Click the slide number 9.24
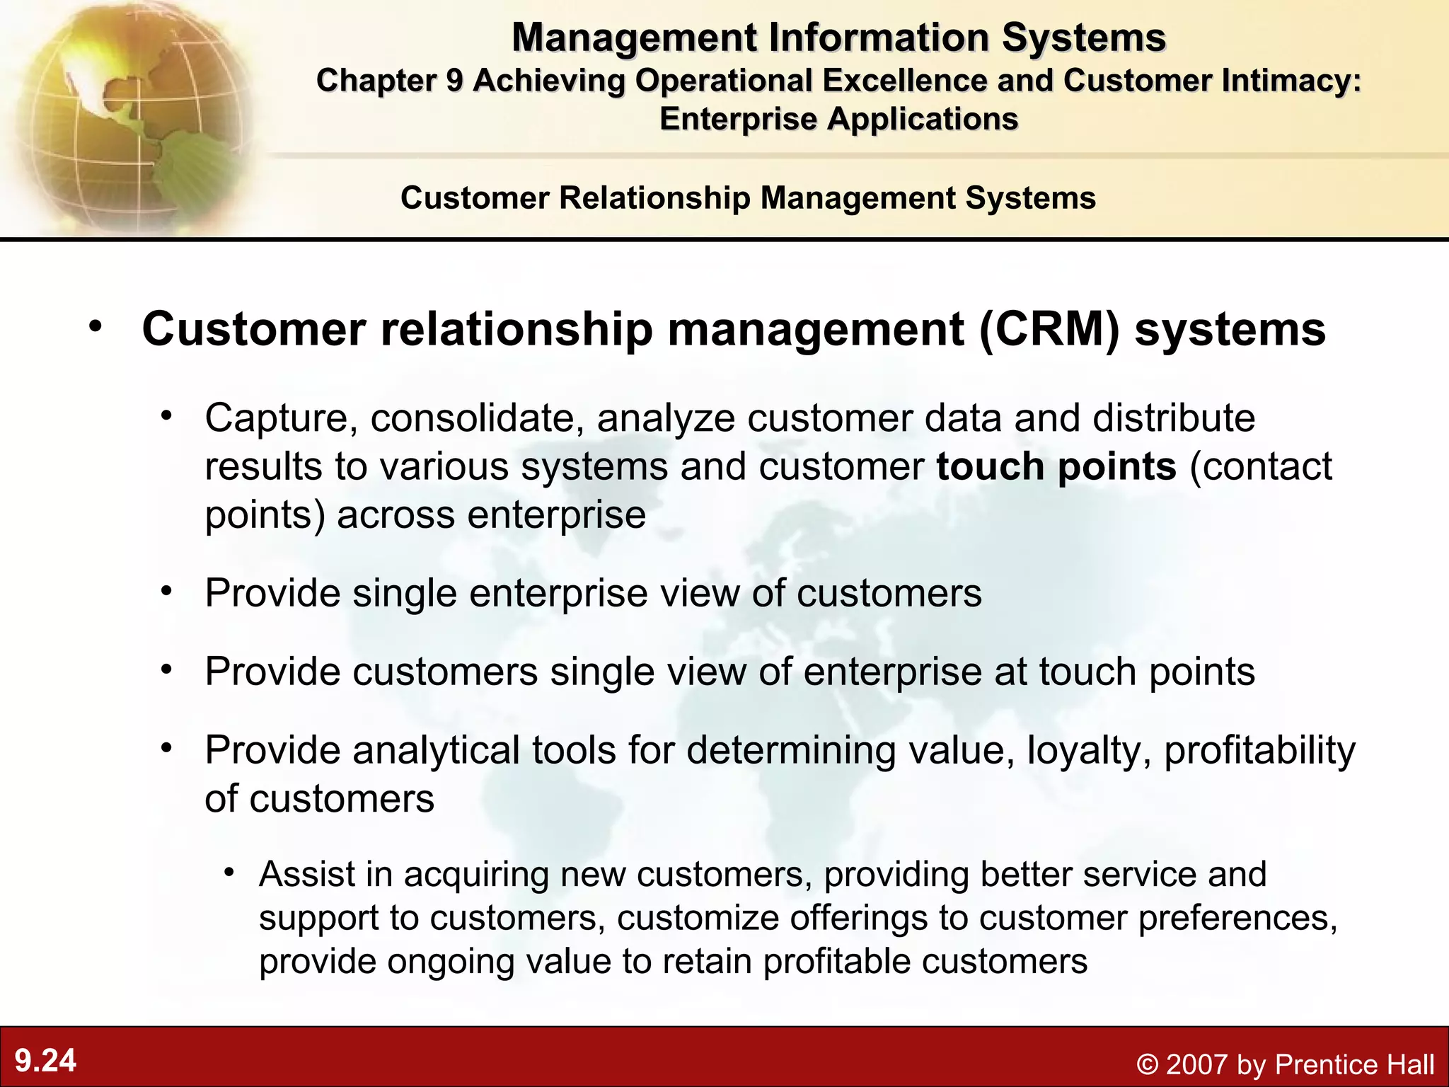click(x=45, y=1061)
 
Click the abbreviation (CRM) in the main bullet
click(x=1050, y=330)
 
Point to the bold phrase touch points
click(x=1056, y=467)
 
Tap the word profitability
click(x=1259, y=750)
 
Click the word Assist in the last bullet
click(x=306, y=874)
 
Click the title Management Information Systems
click(x=838, y=38)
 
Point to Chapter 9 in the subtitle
click(x=389, y=81)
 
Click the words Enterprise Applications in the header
click(x=838, y=119)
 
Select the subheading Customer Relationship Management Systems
click(x=748, y=198)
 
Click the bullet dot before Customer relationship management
click(x=96, y=326)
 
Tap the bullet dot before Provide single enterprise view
click(x=166, y=590)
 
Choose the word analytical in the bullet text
click(x=437, y=750)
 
